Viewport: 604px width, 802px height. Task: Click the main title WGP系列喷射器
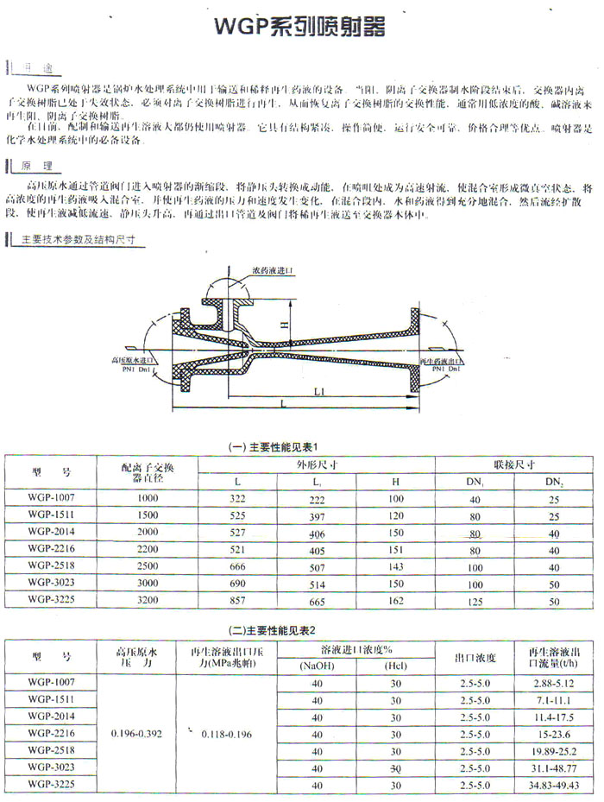point(299,27)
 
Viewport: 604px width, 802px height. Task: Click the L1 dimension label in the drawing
point(318,391)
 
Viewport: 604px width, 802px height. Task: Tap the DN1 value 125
point(474,600)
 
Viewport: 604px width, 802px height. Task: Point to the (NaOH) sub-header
point(319,665)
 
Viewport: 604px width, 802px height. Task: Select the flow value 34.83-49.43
point(553,785)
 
